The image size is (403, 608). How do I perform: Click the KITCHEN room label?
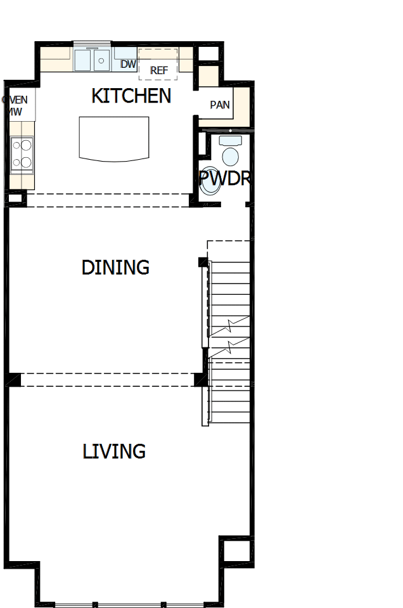click(131, 96)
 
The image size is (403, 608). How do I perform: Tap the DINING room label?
click(115, 268)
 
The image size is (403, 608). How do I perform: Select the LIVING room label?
click(114, 451)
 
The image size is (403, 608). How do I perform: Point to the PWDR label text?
click(226, 178)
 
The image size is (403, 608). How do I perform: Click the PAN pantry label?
click(220, 105)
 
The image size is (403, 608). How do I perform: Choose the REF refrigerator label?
click(159, 70)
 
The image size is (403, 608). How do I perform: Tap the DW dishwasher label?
click(128, 64)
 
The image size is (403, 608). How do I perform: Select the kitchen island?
click(114, 138)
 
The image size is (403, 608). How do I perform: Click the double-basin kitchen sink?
click(93, 61)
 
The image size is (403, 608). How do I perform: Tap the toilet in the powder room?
click(229, 152)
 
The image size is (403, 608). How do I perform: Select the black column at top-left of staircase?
click(203, 262)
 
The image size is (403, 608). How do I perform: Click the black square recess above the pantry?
click(207, 54)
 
